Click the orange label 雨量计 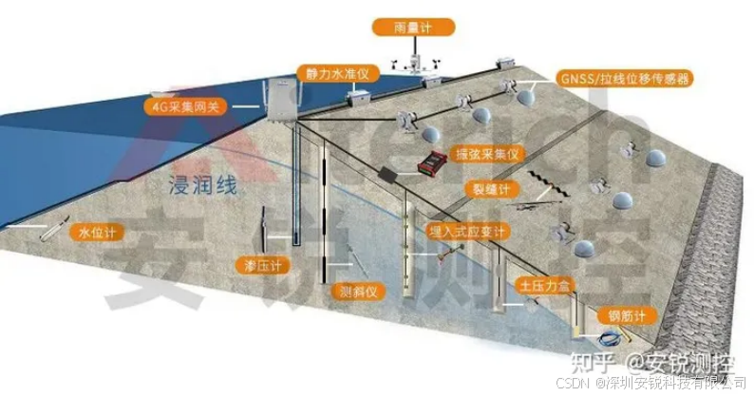tap(414, 28)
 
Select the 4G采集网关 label tap(186, 106)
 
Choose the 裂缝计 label tap(492, 189)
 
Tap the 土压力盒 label tap(538, 284)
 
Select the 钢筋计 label tap(620, 314)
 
